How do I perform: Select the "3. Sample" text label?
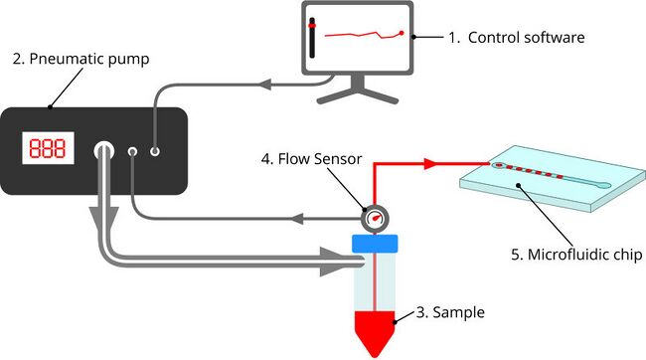pyautogui.click(x=450, y=312)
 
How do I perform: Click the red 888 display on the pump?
pyautogui.click(x=47, y=150)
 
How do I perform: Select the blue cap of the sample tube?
pyautogui.click(x=374, y=242)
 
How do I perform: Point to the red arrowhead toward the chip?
pyautogui.click(x=429, y=162)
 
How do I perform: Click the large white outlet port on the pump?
pyautogui.click(x=104, y=151)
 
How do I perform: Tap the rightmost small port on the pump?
pyautogui.click(x=155, y=151)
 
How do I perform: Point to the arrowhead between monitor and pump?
pyautogui.click(x=265, y=85)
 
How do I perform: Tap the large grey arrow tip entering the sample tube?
pyautogui.click(x=354, y=263)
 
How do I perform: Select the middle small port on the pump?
pyautogui.click(x=133, y=151)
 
